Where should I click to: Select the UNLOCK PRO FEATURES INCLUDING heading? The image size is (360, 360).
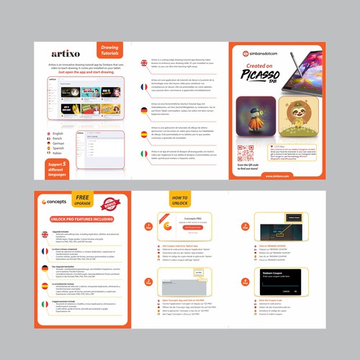point(81,217)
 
